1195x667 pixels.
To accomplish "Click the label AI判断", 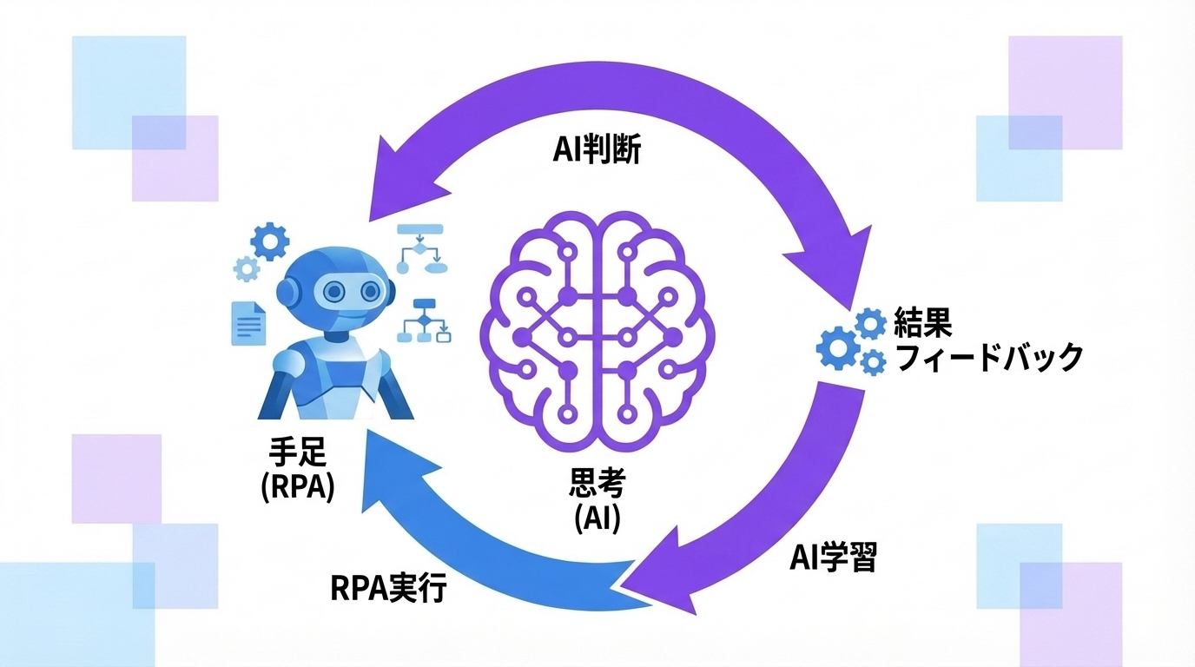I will tap(597, 150).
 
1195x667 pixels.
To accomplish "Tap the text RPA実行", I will tap(388, 588).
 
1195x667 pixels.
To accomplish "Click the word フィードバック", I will tap(988, 357).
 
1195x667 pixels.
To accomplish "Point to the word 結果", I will tap(923, 323).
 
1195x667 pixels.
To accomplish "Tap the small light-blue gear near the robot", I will tap(247, 269).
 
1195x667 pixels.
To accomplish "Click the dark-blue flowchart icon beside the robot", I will tap(425, 320).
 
